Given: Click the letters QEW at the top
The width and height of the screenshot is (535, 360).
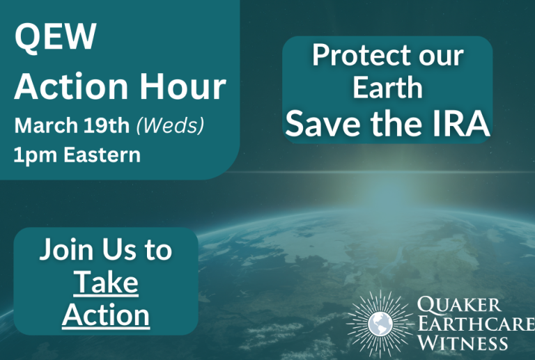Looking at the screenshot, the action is [56, 37].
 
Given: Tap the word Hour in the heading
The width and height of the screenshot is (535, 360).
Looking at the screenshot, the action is [183, 86].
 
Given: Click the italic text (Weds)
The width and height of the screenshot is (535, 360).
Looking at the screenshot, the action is [170, 125].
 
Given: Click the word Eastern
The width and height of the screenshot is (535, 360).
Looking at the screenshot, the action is [102, 155].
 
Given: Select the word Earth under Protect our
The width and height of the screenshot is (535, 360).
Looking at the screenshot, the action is [387, 87].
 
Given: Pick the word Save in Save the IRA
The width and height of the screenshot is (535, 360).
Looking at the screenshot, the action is [323, 123].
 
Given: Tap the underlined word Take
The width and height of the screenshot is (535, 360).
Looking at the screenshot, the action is [106, 282].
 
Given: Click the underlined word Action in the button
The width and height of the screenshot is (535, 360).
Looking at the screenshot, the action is [106, 315].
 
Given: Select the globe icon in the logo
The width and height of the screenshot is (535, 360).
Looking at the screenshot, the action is [380, 324].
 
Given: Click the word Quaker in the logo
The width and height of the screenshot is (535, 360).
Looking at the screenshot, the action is [459, 304].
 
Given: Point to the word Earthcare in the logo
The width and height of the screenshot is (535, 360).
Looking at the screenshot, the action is [476, 323].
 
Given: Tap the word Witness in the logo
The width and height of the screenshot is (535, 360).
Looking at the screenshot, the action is [463, 343].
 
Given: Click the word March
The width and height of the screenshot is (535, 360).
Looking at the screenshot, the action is [46, 125].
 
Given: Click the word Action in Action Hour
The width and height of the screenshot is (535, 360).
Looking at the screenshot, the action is [71, 86].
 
